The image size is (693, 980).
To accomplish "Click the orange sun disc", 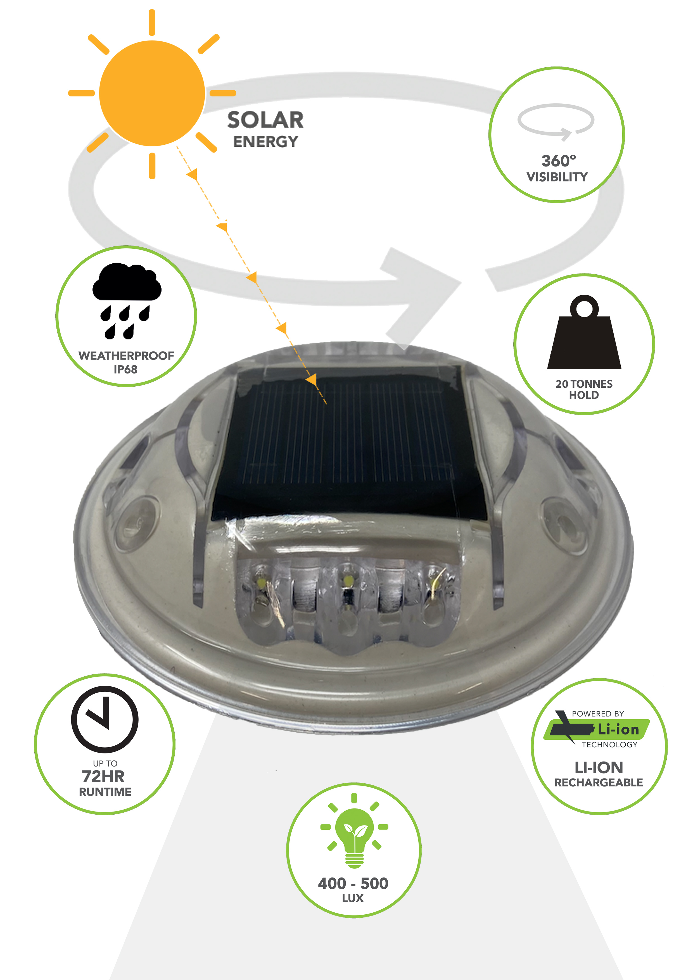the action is [152, 94].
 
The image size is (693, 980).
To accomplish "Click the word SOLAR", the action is [265, 120].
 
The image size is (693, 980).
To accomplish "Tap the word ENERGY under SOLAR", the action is [265, 142].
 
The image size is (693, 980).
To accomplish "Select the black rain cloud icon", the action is [127, 301].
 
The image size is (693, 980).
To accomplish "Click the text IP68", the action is [125, 370].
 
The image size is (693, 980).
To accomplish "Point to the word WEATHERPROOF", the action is [126, 356].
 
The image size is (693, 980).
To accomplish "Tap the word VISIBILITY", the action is [557, 177].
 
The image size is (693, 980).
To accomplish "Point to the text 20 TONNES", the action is [584, 384].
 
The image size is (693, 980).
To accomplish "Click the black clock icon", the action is [105, 719].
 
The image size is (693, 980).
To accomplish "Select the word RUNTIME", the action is [105, 792].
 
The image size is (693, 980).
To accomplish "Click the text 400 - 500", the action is [353, 883].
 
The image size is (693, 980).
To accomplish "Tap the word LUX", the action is [353, 898].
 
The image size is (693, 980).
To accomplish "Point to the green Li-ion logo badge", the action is [597, 729].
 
